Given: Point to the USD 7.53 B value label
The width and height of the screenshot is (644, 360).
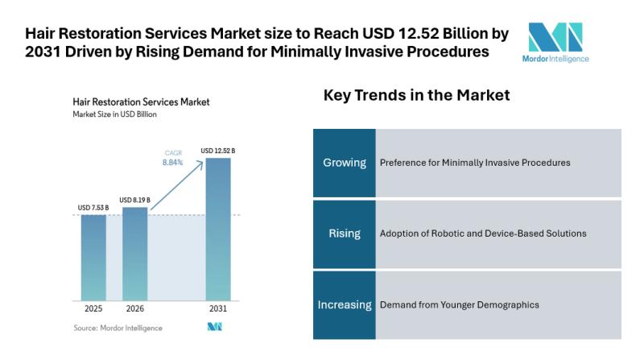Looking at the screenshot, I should tap(93, 208).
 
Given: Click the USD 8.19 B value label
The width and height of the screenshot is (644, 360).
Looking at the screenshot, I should tap(135, 200).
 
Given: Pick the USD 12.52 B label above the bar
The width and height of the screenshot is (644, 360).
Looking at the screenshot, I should tap(217, 150).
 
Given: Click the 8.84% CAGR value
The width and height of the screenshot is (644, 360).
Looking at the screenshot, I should tap(173, 162).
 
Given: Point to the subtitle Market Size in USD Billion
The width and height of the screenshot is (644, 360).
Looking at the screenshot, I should tap(114, 114).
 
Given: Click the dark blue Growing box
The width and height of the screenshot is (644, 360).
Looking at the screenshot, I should tap(345, 162).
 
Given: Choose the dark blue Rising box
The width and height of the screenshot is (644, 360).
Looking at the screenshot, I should tap(345, 234).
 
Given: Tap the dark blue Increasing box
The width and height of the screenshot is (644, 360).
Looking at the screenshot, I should tap(345, 304).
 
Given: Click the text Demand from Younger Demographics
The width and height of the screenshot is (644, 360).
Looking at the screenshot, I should tap(459, 304).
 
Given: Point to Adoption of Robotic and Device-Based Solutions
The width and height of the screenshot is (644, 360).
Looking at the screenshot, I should tap(482, 234).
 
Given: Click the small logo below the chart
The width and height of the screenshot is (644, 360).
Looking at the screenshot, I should tap(214, 327).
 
